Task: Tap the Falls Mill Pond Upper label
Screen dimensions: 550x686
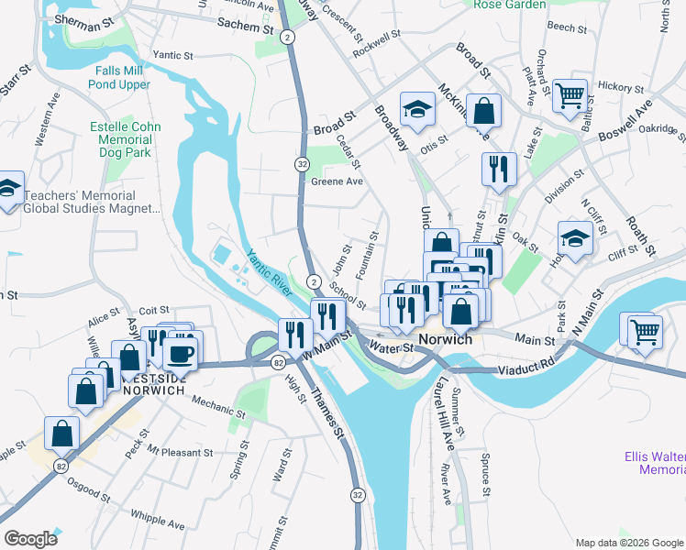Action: (x=119, y=77)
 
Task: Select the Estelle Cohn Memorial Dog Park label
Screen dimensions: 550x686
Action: (x=126, y=140)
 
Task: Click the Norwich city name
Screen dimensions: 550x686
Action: (x=445, y=339)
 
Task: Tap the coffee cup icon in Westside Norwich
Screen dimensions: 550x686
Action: (x=181, y=352)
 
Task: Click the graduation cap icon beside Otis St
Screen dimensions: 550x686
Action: (x=416, y=110)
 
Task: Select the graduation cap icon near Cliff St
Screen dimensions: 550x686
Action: (x=574, y=240)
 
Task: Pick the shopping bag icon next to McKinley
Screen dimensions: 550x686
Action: (x=483, y=111)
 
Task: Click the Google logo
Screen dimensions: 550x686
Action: (x=30, y=539)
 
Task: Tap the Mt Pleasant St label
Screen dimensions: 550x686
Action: (x=180, y=453)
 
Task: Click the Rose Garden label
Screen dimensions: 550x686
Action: (x=509, y=5)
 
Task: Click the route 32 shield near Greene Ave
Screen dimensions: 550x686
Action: (x=302, y=163)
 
